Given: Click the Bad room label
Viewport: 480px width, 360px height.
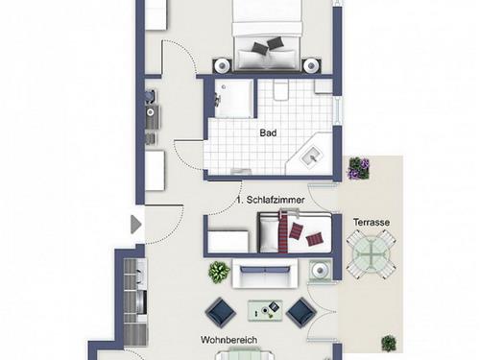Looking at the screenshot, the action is tap(268, 132).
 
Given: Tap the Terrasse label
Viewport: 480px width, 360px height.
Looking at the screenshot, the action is tap(372, 222).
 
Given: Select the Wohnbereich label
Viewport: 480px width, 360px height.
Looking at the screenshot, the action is tap(228, 340).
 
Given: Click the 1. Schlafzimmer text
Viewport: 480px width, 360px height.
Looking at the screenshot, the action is tap(271, 200).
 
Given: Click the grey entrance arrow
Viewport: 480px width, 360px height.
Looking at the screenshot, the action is tap(135, 225).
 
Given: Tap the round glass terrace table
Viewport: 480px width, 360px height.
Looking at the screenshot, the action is tap(371, 254).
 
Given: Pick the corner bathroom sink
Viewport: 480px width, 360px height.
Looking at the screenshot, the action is tap(310, 156).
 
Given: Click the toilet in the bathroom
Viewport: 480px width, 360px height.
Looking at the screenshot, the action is tap(281, 89).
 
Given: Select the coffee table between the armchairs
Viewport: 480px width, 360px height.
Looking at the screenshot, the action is tap(265, 310).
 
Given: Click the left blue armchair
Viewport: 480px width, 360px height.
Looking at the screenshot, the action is tap(221, 313).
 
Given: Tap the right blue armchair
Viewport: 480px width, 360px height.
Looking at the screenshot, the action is tap(301, 313).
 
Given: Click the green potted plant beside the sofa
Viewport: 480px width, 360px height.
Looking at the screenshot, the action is tap(219, 272).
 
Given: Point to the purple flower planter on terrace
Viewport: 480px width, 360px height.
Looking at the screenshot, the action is tap(359, 168).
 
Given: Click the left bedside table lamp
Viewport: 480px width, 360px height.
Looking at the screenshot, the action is tap(222, 66).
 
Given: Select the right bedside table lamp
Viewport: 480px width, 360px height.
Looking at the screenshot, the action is tap(310, 66).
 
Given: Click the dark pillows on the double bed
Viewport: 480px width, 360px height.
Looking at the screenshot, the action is tap(268, 45).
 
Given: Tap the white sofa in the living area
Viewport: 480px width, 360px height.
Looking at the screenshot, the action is tap(265, 273).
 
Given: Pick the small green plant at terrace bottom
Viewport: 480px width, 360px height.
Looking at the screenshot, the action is tap(389, 344).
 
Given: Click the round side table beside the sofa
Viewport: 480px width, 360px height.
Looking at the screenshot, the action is tap(319, 271).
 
